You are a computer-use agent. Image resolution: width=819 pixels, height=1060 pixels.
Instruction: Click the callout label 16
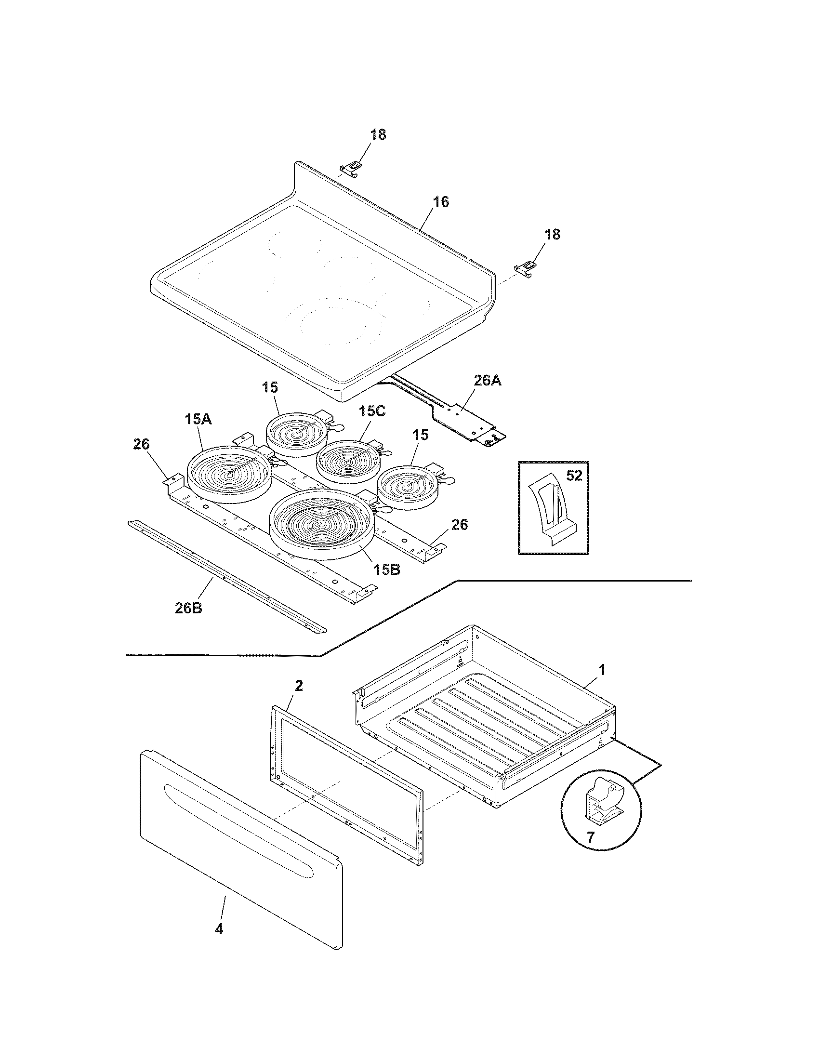click(440, 201)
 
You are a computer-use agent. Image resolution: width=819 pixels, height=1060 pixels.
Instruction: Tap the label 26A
click(487, 381)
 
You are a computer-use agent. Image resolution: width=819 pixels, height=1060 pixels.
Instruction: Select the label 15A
click(198, 419)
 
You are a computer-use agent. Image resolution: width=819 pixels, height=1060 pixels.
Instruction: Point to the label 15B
click(387, 570)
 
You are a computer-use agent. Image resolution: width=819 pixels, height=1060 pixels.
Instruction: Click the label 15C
click(372, 411)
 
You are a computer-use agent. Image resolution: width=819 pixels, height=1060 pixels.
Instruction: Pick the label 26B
click(189, 608)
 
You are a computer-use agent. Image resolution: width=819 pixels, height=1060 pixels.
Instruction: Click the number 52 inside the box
click(574, 476)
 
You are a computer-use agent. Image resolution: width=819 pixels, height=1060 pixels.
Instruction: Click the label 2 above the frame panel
click(299, 686)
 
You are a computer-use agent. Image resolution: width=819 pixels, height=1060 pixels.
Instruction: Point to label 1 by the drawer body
click(602, 670)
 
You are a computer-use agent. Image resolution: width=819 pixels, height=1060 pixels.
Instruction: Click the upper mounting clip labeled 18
click(352, 168)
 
